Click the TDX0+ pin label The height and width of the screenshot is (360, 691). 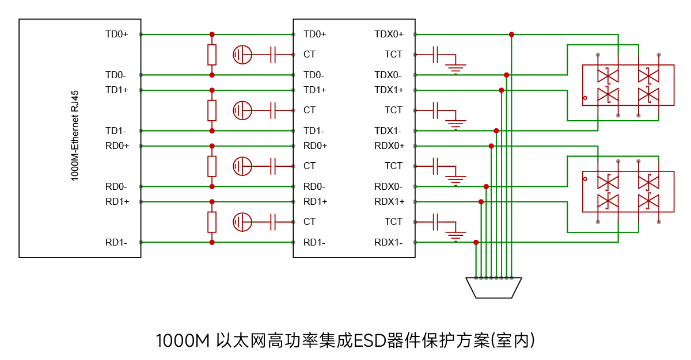389,34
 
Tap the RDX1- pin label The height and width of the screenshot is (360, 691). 388,243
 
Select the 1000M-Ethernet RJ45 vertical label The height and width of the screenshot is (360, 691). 75,136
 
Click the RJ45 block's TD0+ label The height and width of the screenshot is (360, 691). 116,34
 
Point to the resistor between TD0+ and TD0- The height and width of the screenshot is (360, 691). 212,55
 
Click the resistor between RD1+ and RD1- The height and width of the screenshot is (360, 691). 212,222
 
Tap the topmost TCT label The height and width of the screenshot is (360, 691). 393,55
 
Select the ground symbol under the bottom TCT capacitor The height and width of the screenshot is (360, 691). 455,236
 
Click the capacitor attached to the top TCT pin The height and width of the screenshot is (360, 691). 435,55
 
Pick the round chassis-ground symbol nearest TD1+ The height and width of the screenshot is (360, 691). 242,110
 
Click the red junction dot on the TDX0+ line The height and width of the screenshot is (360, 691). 511,35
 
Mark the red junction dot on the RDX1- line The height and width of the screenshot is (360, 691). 476,243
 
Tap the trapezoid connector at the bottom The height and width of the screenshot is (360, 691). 493,288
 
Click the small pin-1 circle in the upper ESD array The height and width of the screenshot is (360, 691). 585,98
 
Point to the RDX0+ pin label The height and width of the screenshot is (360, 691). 389,145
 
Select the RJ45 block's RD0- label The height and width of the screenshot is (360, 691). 116,187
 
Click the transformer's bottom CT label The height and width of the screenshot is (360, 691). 309,222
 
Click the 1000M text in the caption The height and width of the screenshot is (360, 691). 183,341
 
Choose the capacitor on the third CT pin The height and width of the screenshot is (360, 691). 273,166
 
